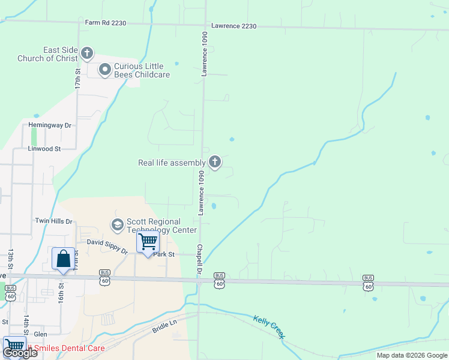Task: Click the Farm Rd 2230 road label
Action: point(106,23)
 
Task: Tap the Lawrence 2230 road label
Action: point(234,26)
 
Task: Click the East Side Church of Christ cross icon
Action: point(87,54)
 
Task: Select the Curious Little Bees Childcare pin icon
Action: point(105,71)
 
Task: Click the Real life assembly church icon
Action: point(215,162)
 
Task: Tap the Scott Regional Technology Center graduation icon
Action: point(118,225)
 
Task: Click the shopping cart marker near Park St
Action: point(148,242)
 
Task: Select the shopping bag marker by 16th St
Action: point(63,259)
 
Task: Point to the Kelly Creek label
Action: point(268,327)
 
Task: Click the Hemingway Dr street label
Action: point(50,125)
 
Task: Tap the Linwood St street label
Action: point(44,148)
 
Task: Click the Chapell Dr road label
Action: point(198,260)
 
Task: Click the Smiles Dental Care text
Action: point(70,348)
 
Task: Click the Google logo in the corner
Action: point(20,353)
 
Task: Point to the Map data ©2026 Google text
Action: point(412,355)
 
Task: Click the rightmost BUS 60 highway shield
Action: point(367,283)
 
